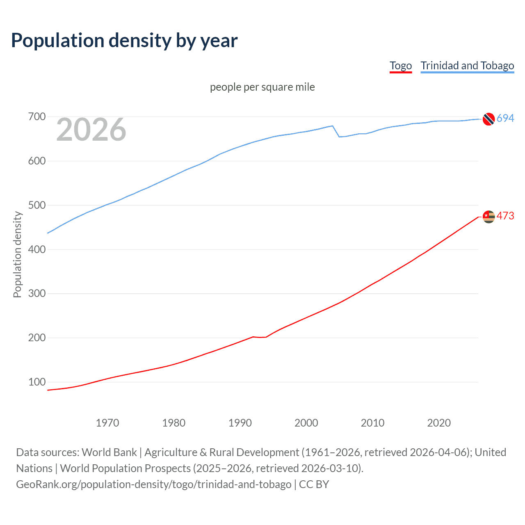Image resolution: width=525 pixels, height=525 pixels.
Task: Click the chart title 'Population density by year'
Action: coord(124,41)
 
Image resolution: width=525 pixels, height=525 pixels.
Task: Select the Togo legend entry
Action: coord(400,66)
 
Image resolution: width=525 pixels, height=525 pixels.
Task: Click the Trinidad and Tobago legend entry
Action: coord(467,66)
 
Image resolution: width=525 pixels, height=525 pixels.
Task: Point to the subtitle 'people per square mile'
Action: coord(262,87)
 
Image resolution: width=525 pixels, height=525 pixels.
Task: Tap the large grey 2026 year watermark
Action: coord(91,130)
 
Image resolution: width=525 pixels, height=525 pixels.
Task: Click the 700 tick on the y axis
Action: coord(37,117)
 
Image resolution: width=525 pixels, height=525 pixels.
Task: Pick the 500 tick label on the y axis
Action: coord(37,205)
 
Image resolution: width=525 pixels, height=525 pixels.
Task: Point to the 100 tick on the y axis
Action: coord(37,382)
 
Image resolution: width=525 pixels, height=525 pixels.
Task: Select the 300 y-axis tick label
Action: coord(37,294)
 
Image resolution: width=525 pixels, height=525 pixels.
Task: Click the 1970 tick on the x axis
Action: coord(107,423)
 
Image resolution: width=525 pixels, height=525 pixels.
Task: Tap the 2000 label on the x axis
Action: coord(306,423)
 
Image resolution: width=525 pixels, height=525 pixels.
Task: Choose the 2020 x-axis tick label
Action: coord(439,423)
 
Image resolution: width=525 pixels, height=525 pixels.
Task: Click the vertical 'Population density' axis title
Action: coord(17,254)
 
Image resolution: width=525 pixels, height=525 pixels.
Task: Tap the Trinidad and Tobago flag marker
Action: coord(488,119)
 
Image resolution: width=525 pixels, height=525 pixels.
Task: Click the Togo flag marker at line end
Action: coord(488,216)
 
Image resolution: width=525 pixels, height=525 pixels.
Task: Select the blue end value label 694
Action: coord(505,118)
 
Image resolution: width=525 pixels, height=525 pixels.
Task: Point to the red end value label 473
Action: coord(505,216)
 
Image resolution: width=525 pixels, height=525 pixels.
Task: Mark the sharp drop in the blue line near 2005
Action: coord(336,132)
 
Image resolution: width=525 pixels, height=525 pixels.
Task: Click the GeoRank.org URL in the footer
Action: coord(154,484)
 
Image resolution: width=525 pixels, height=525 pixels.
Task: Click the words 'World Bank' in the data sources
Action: coord(109,452)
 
